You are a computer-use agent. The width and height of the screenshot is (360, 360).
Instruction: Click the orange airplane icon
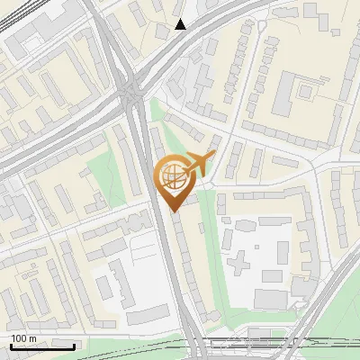(199, 164)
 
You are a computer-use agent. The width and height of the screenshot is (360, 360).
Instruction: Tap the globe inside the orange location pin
(173, 176)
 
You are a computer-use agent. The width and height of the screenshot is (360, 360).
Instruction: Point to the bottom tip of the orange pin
(173, 211)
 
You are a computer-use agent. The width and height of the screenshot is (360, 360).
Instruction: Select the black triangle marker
(181, 24)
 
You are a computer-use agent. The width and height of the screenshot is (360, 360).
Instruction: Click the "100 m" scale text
(23, 338)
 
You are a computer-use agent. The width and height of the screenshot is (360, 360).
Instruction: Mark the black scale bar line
(42, 346)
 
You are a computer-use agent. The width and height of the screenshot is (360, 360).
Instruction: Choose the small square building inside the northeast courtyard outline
(306, 89)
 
